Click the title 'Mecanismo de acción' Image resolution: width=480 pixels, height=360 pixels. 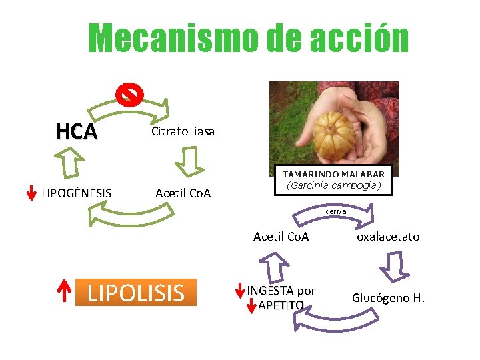click(x=249, y=39)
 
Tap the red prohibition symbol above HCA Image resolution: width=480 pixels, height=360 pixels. click(x=129, y=95)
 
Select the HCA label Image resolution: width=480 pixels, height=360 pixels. click(x=77, y=131)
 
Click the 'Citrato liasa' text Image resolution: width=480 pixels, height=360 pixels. click(x=183, y=131)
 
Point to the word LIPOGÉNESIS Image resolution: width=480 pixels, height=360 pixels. click(x=76, y=193)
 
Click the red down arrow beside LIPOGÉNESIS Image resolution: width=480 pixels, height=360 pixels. click(x=31, y=192)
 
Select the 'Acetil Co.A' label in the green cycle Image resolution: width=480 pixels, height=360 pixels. click(x=183, y=193)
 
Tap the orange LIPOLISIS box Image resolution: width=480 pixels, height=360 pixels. click(x=136, y=292)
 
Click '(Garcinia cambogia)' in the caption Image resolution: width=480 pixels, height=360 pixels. click(x=334, y=185)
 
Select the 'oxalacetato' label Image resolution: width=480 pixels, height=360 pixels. click(x=388, y=236)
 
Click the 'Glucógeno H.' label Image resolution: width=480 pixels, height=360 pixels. click(x=388, y=297)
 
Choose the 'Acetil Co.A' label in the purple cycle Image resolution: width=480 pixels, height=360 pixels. click(x=281, y=236)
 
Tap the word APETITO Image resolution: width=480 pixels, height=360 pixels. click(x=281, y=305)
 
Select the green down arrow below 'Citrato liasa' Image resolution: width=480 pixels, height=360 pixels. click(x=189, y=161)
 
